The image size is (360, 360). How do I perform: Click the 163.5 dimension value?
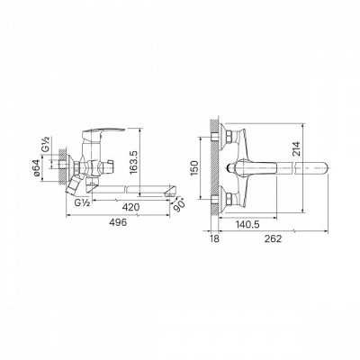coord(134,162)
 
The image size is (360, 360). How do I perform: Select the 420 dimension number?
coord(131,207)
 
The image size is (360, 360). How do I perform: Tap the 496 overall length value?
coord(118,222)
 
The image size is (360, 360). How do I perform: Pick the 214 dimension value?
coord(296,148)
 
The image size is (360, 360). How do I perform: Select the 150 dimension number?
coord(194,168)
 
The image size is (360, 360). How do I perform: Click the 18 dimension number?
coord(214,239)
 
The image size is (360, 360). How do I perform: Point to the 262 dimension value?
coord(274,239)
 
